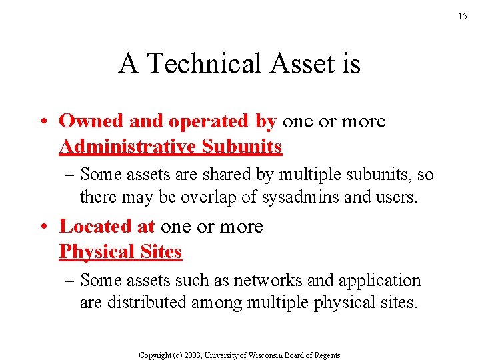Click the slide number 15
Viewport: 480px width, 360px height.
[x=463, y=17]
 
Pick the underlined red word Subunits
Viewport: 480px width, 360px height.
[x=241, y=146]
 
